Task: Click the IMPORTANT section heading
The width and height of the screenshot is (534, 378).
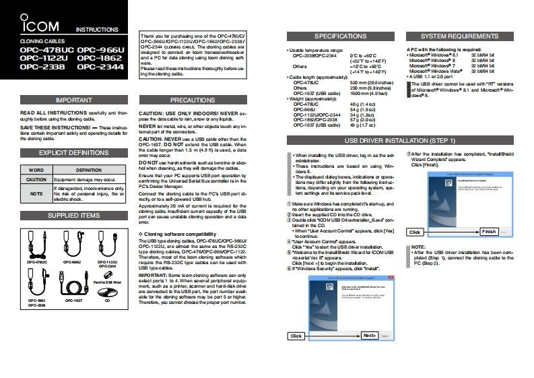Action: (x=69, y=99)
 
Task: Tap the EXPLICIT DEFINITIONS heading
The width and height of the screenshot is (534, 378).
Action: (x=69, y=153)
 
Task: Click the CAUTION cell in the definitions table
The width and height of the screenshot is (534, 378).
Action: (x=36, y=180)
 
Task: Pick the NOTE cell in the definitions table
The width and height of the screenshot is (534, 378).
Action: (x=36, y=193)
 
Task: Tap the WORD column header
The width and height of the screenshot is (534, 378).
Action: (x=36, y=170)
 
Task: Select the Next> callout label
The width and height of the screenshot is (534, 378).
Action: (x=369, y=335)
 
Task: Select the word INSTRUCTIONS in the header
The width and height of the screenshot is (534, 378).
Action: (x=97, y=30)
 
